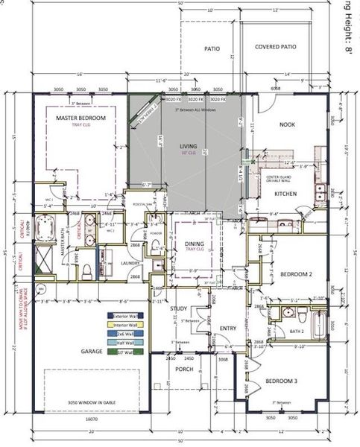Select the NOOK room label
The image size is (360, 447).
[287, 125]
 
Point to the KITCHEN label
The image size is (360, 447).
[285, 194]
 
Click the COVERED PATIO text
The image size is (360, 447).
[275, 47]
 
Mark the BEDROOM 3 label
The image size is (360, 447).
[282, 381]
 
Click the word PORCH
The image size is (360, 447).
[184, 369]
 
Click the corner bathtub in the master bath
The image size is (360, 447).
[49, 223]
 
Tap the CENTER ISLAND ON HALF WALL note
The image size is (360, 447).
[285, 177]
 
